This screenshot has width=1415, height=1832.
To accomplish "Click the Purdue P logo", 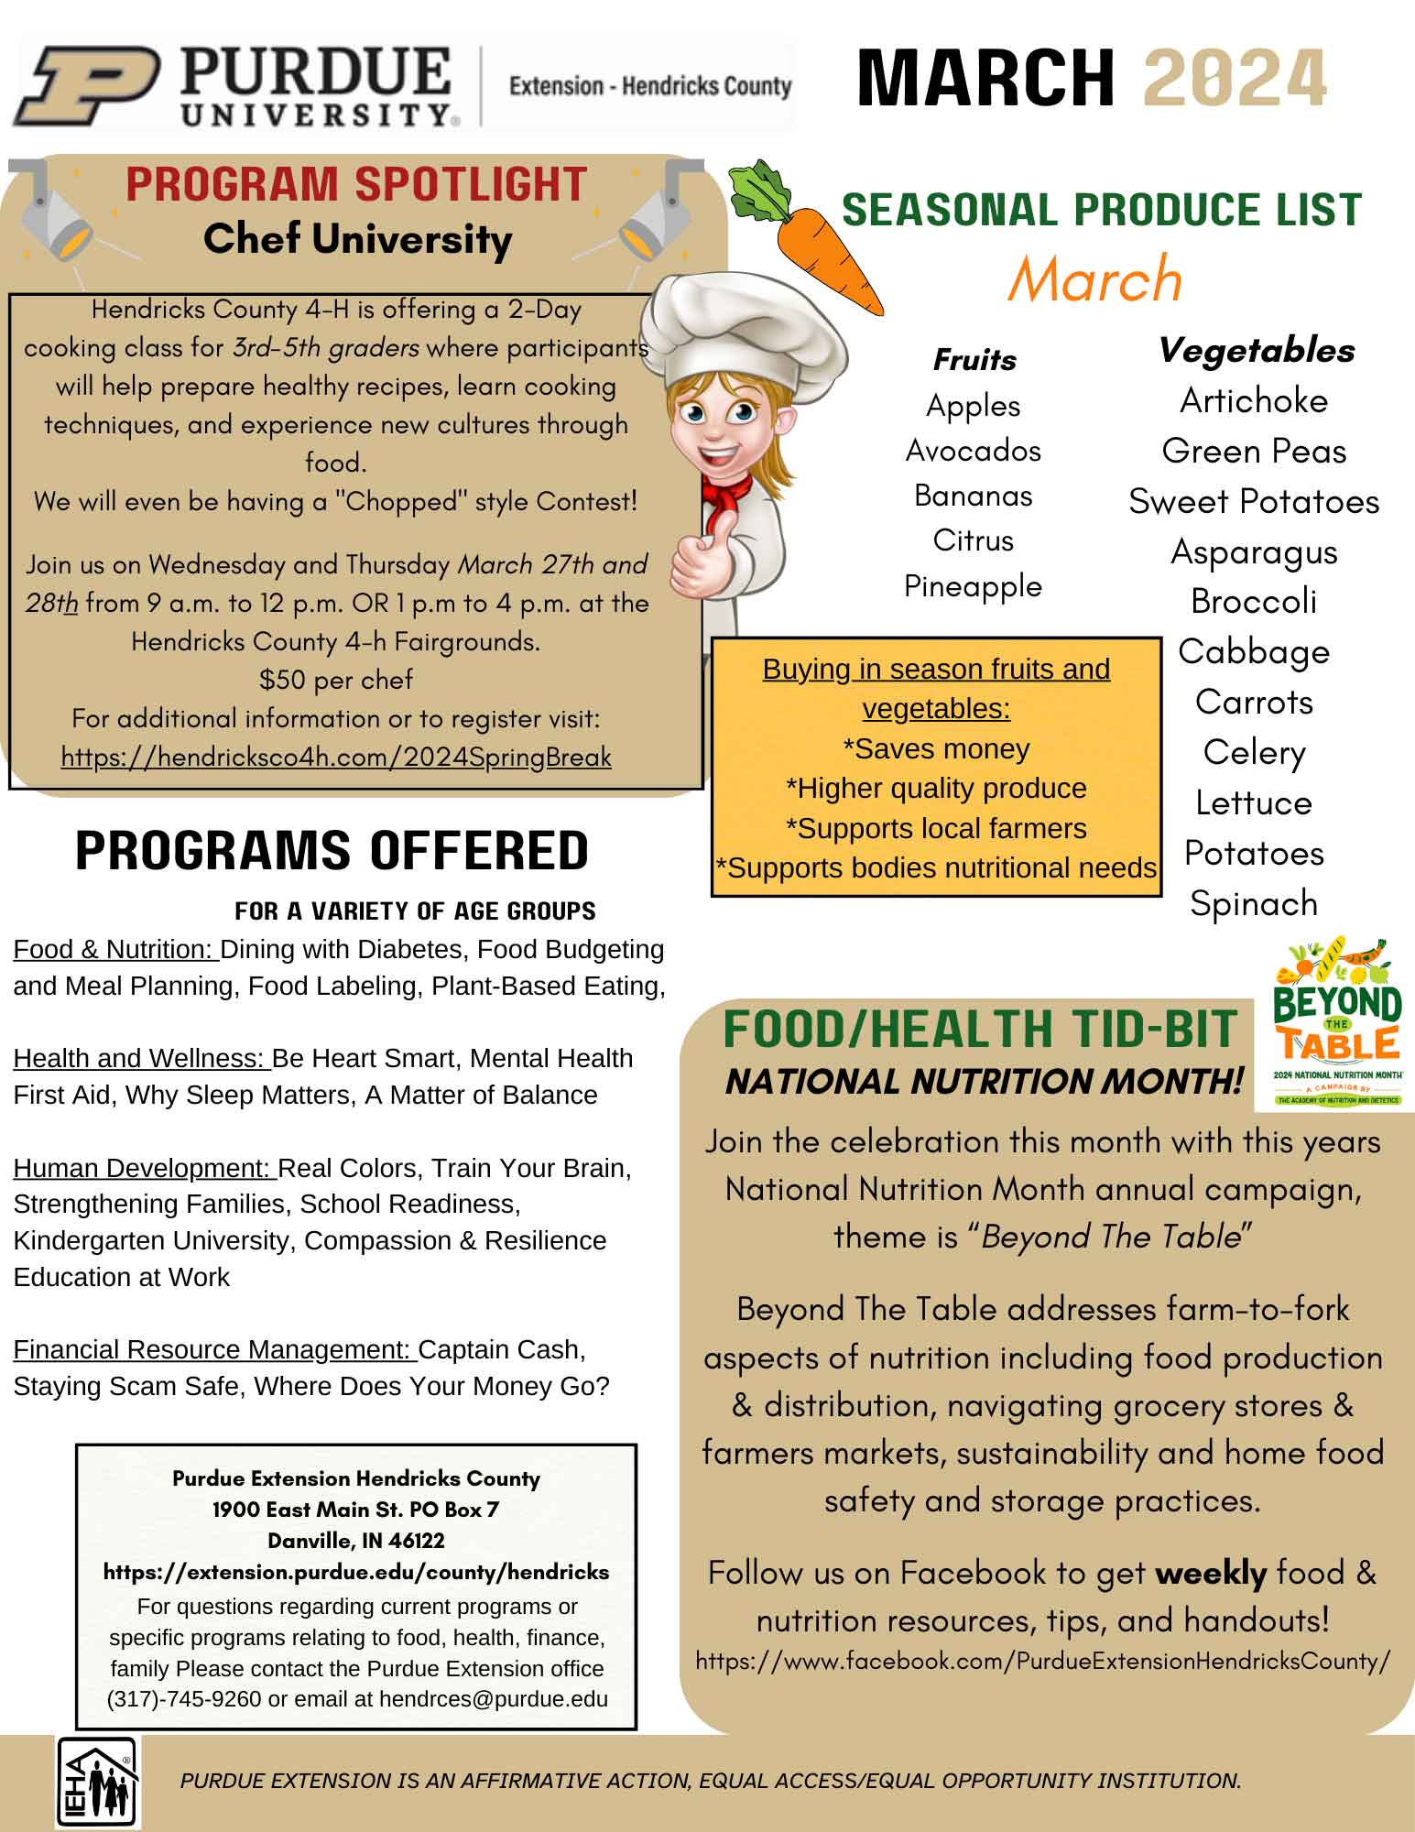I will (x=87, y=86).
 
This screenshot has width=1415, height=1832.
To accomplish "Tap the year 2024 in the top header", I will (x=1235, y=78).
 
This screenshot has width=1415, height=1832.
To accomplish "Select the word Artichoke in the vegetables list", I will (x=1254, y=401).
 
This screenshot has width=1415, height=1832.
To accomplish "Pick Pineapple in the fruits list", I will (x=973, y=586).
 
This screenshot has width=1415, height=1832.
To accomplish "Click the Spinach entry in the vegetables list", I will (x=1254, y=904).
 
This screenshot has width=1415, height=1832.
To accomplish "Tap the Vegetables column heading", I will (x=1256, y=350).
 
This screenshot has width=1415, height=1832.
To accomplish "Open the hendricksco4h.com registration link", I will (x=336, y=758).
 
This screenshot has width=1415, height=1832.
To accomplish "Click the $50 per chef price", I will (x=336, y=680).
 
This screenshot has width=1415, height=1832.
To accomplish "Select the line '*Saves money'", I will (x=936, y=749).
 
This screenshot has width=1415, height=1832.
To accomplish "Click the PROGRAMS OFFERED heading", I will (x=332, y=851).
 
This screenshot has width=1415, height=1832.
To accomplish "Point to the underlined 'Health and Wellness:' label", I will (x=141, y=1059).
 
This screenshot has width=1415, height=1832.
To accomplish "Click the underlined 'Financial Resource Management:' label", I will (x=214, y=1350).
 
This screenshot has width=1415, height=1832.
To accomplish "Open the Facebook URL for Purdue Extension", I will (x=1042, y=1662).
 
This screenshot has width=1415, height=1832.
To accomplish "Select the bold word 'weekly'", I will (x=1211, y=1574).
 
